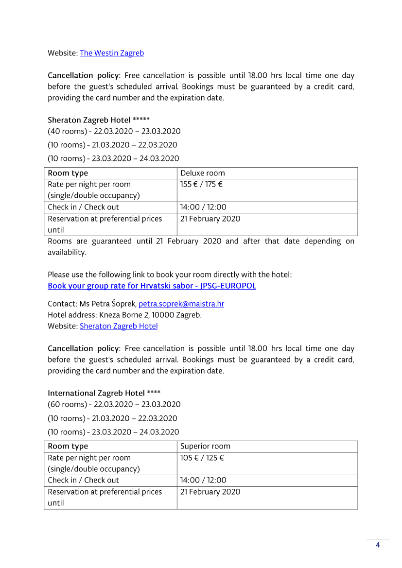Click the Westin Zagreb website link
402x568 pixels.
(112, 53)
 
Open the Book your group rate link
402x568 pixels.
(152, 286)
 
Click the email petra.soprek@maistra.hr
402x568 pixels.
(181, 304)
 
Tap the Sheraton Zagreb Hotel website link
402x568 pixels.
(119, 326)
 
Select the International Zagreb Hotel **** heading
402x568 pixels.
(104, 393)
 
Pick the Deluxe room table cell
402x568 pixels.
(203, 173)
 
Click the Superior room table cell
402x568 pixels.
(205, 447)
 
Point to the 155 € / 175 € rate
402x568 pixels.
(201, 185)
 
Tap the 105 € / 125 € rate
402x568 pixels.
(202, 458)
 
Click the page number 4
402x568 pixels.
(378, 545)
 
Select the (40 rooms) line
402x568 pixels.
(114, 131)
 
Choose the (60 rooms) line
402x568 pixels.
(114, 404)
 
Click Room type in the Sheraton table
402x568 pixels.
(68, 173)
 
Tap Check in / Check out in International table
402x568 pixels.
(83, 480)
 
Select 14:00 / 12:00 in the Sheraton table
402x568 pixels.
(203, 207)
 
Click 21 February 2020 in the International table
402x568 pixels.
(210, 492)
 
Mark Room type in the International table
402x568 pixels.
(68, 447)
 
